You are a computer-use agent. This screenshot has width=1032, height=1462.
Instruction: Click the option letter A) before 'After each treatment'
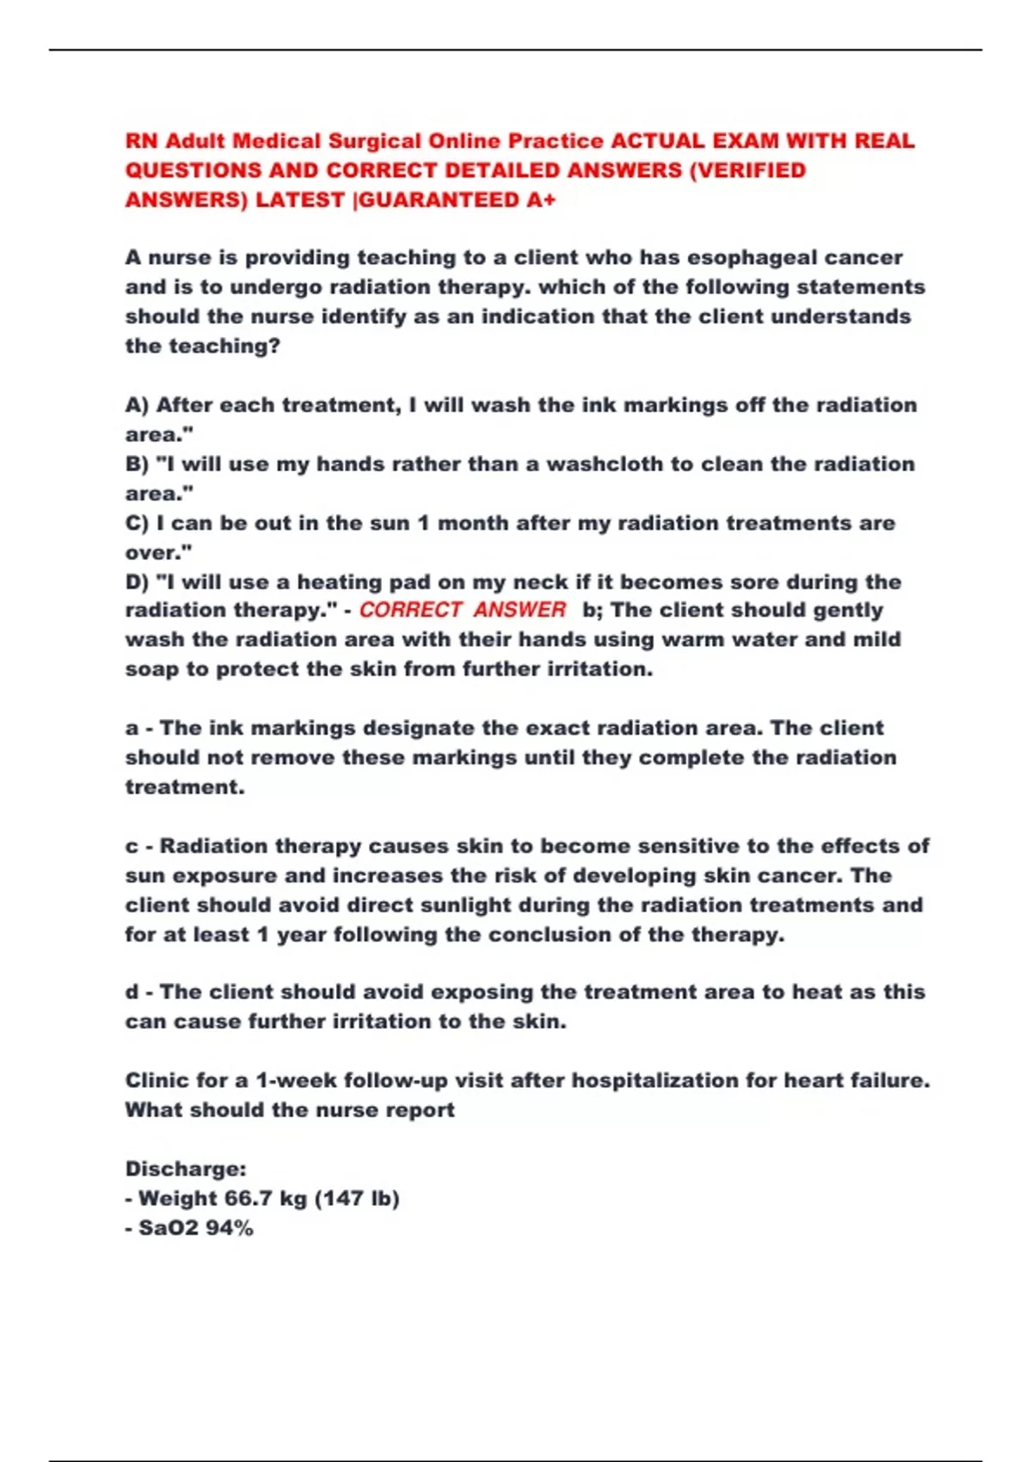(138, 405)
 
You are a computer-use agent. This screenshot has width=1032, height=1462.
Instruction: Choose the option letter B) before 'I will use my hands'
(138, 464)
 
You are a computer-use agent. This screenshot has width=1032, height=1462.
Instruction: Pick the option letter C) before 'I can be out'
(138, 523)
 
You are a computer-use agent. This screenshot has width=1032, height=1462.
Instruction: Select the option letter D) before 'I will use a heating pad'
(138, 582)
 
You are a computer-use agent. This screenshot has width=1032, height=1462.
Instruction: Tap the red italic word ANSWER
(519, 610)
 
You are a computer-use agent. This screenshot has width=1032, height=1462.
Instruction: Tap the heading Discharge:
(186, 1169)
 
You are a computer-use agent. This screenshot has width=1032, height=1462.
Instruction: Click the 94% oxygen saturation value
(230, 1228)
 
